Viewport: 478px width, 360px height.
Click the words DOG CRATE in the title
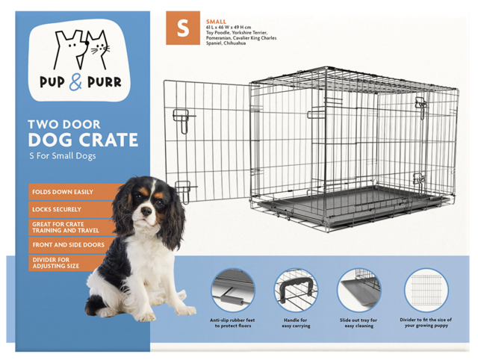[82, 140]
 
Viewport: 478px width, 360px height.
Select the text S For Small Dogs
[63, 156]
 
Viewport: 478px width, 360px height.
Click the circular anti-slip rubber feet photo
[233, 290]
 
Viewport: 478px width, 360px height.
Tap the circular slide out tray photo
[359, 290]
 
